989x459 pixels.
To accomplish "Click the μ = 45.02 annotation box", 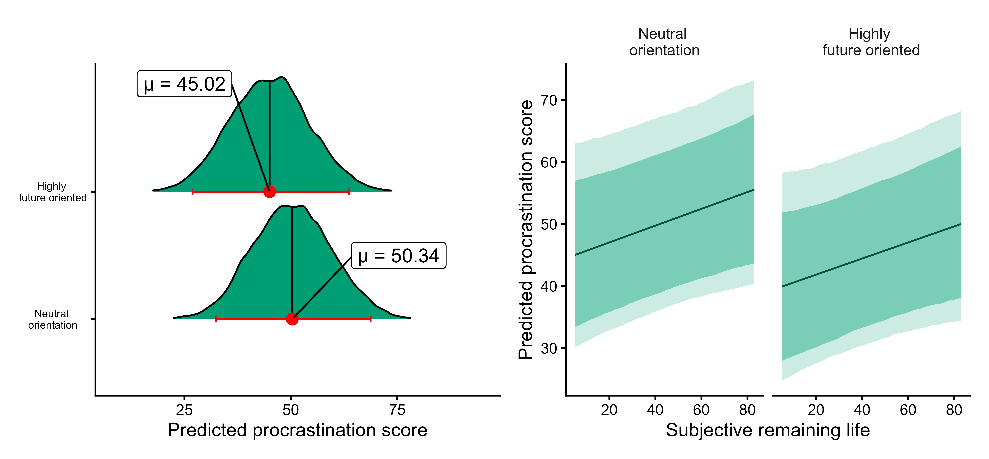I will point(184,84).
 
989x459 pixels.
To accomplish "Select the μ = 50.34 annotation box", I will point(398,256).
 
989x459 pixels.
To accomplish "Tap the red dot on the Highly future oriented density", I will point(270,191).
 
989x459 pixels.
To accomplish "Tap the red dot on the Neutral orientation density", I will point(292,319).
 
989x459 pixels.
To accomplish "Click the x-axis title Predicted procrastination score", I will point(298,430).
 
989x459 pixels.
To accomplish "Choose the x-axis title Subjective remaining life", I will point(768,430).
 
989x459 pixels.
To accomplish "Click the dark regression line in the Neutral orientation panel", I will point(664,222).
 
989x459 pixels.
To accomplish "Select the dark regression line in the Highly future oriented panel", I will point(872,255).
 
